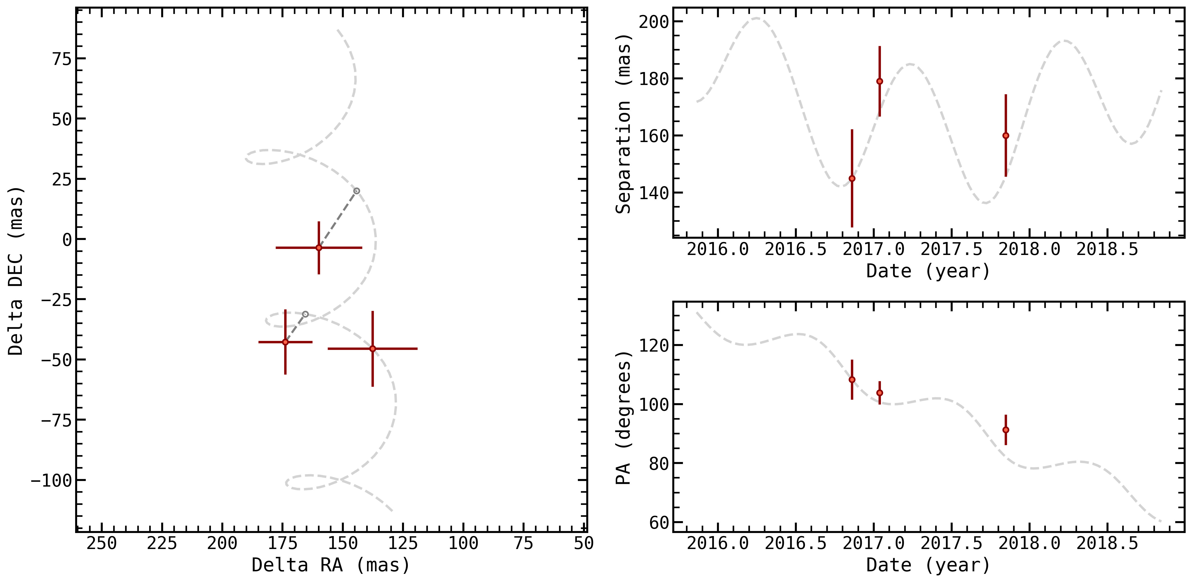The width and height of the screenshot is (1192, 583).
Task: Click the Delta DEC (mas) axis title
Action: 16,271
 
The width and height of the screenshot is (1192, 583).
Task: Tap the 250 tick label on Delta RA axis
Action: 102,543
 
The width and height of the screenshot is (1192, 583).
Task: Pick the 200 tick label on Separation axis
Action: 654,22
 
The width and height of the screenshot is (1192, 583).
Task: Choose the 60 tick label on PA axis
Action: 659,522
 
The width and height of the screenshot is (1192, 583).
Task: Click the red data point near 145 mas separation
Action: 852,179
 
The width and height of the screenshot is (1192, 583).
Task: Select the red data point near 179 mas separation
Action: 880,81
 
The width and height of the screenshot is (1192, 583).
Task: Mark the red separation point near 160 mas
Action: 1005,135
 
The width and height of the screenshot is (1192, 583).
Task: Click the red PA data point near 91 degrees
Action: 1005,430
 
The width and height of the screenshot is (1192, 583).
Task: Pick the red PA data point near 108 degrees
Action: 852,380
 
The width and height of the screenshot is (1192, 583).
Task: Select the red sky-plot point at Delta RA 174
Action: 286,342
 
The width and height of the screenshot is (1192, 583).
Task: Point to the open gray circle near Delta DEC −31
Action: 305,314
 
